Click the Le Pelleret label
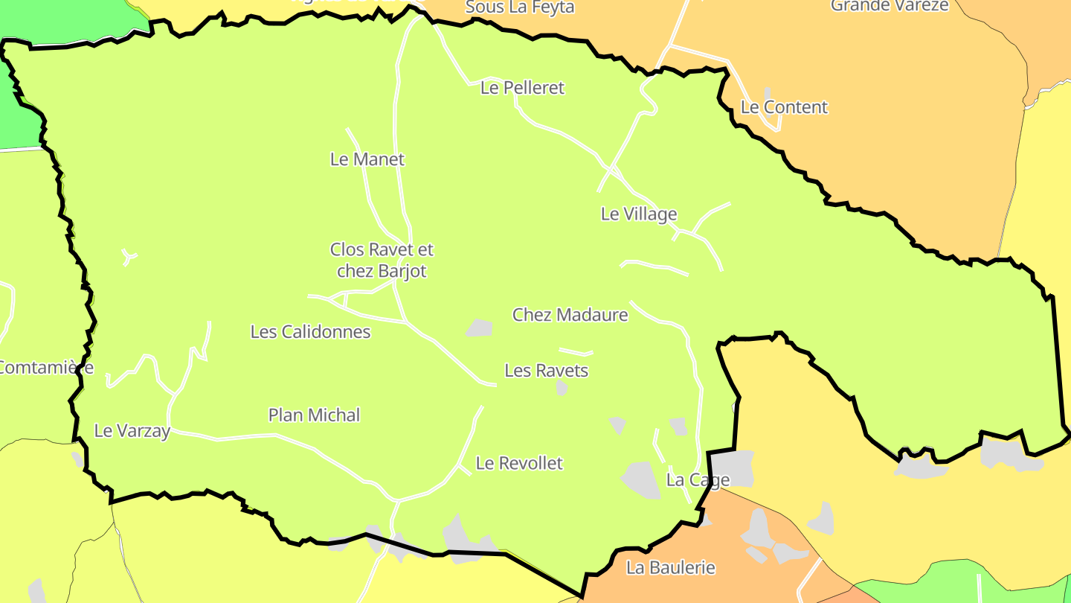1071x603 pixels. pyautogui.click(x=522, y=88)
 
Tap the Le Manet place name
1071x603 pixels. pyautogui.click(x=367, y=159)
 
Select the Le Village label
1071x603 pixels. pyautogui.click(x=639, y=214)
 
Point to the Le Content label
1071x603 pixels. pyautogui.click(x=784, y=107)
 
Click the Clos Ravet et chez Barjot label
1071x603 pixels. pyautogui.click(x=382, y=260)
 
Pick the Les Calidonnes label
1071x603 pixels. pyautogui.click(x=310, y=331)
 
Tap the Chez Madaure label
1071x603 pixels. pyautogui.click(x=570, y=315)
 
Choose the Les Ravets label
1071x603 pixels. pyautogui.click(x=546, y=370)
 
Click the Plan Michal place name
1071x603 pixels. pyautogui.click(x=314, y=415)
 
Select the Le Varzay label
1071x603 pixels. pyautogui.click(x=132, y=430)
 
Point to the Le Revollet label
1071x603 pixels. pyautogui.click(x=519, y=463)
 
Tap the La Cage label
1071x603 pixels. pyautogui.click(x=698, y=480)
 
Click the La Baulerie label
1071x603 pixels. pyautogui.click(x=670, y=567)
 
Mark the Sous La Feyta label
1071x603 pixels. pyautogui.click(x=519, y=7)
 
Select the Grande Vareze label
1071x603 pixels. pyautogui.click(x=890, y=6)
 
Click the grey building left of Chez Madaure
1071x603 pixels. pyautogui.click(x=480, y=328)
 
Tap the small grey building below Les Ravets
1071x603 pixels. pyautogui.click(x=562, y=388)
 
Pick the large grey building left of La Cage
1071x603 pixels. pyautogui.click(x=640, y=480)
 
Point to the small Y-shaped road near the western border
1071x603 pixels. pyautogui.click(x=129, y=258)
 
